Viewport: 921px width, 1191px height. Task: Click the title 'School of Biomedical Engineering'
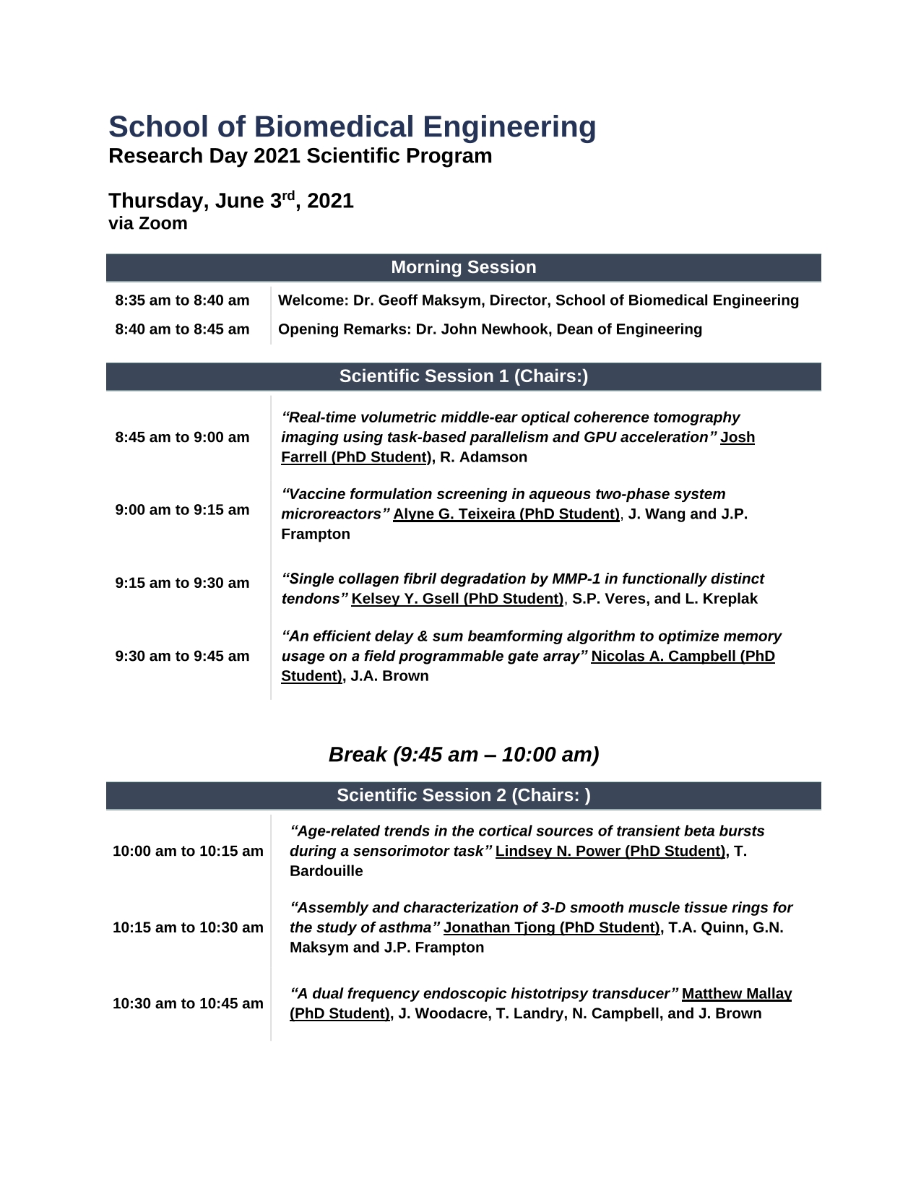click(x=352, y=127)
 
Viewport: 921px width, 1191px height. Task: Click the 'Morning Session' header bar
click(x=463, y=267)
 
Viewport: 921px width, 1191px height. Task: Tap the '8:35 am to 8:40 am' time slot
click(x=182, y=300)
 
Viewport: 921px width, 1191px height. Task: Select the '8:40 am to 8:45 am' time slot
click(x=182, y=329)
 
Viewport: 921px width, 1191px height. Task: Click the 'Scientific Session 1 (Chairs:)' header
click(x=463, y=376)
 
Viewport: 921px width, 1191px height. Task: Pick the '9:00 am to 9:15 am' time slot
click(x=182, y=510)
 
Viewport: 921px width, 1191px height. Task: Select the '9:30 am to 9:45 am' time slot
click(x=182, y=656)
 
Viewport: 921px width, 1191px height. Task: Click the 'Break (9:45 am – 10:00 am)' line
click(x=463, y=755)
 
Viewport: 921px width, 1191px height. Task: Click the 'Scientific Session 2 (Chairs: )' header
click(x=463, y=795)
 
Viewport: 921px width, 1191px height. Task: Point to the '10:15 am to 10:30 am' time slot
click(x=188, y=927)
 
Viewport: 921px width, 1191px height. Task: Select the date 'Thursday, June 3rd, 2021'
click(x=230, y=201)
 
